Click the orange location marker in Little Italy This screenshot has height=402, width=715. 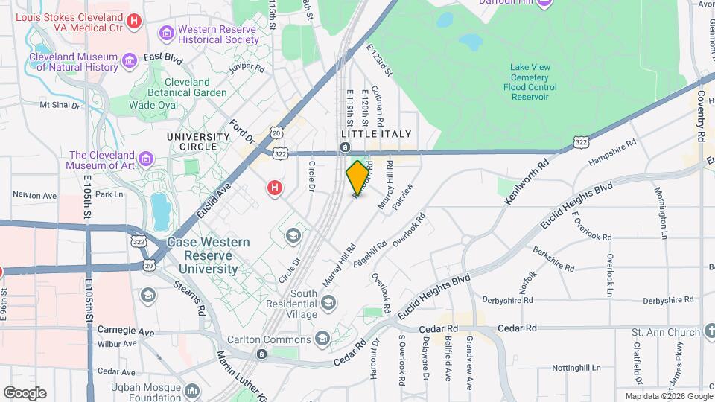(358, 176)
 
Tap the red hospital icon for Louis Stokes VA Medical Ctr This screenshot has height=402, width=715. (134, 22)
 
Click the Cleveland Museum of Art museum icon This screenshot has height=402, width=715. (146, 160)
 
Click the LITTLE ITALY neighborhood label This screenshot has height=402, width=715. (376, 133)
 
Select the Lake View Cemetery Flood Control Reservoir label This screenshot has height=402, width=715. (530, 82)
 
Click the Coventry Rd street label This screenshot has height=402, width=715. (701, 115)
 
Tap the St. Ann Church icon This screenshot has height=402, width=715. (707, 331)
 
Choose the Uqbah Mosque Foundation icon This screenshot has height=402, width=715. (193, 390)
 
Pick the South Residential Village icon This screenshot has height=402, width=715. (328, 301)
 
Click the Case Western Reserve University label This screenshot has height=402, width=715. (202, 255)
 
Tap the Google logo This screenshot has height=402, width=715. (25, 392)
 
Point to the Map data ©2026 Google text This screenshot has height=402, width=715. (668, 397)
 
